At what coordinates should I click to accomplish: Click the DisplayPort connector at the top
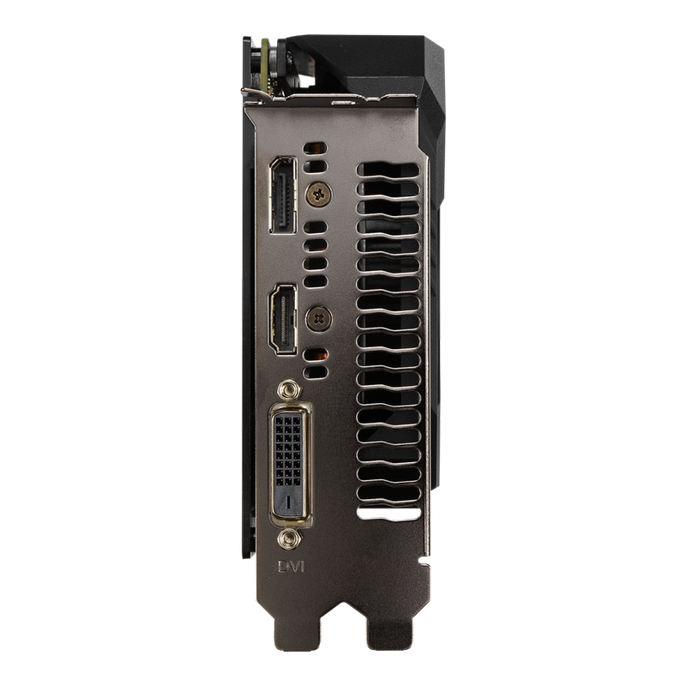(x=283, y=195)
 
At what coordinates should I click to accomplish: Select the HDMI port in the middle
(x=283, y=319)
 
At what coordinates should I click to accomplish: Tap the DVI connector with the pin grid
(x=290, y=465)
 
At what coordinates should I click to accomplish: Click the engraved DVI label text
(x=291, y=567)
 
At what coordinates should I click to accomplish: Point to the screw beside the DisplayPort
(x=318, y=194)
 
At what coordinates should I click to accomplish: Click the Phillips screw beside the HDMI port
(x=318, y=318)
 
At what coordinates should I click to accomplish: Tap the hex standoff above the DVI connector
(x=289, y=390)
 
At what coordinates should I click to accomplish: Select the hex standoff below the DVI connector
(x=289, y=539)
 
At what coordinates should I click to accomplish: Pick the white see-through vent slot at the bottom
(x=389, y=514)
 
